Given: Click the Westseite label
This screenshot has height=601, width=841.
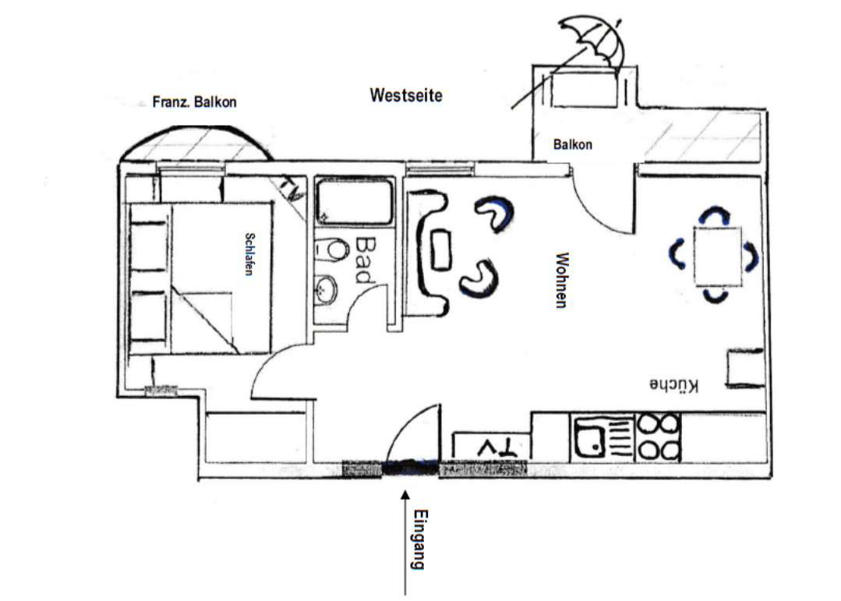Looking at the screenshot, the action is [406, 96].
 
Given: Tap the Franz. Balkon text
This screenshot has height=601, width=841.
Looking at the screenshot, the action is [194, 102].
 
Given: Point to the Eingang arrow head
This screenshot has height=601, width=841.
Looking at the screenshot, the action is [405, 495].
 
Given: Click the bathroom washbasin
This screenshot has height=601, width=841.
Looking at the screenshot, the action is [326, 289].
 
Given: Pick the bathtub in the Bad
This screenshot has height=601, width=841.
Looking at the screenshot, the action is [354, 201].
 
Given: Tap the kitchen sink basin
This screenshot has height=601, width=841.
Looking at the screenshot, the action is [590, 437].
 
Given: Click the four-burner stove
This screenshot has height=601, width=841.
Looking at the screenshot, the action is [658, 437].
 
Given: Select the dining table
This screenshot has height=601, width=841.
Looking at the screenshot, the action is [718, 256].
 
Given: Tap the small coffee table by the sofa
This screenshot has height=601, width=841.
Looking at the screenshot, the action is [441, 249].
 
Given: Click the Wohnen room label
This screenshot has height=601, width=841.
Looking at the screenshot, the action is [561, 280].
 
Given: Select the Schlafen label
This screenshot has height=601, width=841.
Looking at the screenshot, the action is [249, 254].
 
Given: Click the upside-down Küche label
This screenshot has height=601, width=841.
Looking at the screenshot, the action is [674, 385].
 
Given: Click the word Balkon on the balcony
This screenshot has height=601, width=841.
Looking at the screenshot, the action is [573, 144].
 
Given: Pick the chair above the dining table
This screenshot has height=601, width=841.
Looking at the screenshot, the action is [715, 214].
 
